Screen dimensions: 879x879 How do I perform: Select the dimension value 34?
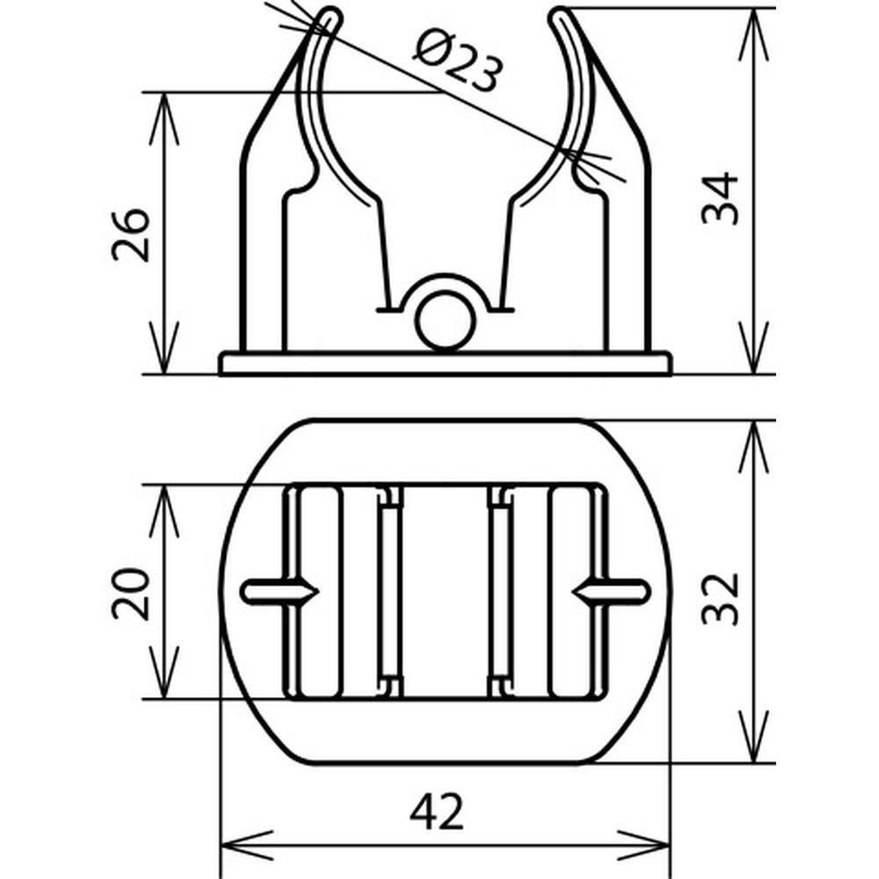coord(721,199)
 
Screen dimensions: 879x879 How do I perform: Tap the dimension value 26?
coord(132,235)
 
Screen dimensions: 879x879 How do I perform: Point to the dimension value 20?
coord(132,593)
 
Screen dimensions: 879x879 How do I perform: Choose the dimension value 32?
coord(721,598)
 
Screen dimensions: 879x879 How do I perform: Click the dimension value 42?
coord(437,812)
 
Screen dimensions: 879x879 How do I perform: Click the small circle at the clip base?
coord(445,320)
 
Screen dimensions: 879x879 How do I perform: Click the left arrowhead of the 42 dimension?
coord(247,844)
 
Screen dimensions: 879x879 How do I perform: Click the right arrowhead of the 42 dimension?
coord(643,844)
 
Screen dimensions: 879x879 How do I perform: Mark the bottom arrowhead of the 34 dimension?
coord(754,347)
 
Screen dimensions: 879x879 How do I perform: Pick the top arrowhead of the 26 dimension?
coord(163,118)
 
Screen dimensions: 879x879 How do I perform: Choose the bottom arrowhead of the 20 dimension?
coord(163,672)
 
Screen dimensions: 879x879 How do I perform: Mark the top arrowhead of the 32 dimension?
coord(754,447)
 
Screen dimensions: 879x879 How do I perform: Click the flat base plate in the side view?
coord(445,363)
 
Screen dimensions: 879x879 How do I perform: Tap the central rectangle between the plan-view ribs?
coord(446,592)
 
